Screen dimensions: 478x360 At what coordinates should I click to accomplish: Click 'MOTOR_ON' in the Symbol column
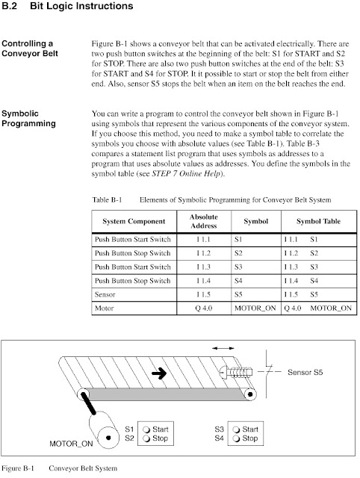tap(254, 307)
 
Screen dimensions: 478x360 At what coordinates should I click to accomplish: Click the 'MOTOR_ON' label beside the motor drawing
tap(72, 444)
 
